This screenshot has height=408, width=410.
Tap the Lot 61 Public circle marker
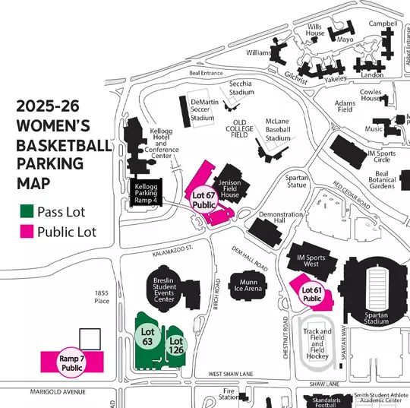[x=312, y=294]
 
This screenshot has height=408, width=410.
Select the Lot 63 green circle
[x=148, y=337]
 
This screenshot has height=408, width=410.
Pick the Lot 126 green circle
[x=175, y=345]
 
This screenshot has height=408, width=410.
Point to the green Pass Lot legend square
[x=28, y=211]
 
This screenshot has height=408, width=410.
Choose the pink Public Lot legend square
[x=28, y=232]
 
